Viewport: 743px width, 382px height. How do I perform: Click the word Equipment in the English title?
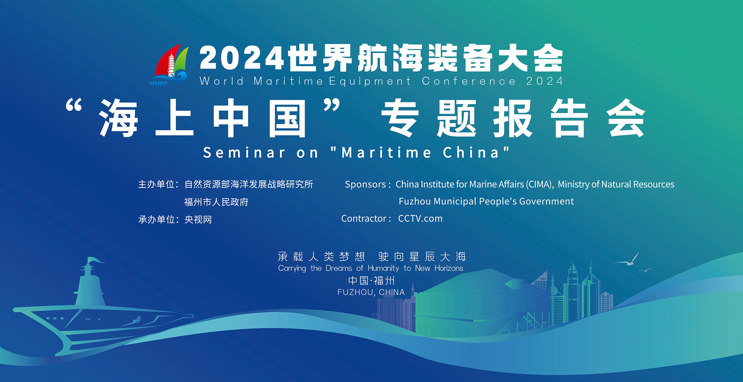coord(370,82)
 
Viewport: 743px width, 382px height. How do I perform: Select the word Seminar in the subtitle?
coord(244,153)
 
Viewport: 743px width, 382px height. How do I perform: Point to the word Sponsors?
coord(365,184)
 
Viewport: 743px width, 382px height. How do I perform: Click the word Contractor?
coord(364,219)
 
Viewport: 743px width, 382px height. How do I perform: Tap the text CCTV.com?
coord(420,219)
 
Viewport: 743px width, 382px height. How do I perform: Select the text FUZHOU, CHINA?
coord(371,292)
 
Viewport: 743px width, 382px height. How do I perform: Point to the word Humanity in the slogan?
coord(383,268)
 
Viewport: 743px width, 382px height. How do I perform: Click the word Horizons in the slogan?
coord(449,268)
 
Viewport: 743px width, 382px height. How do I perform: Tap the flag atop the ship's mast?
coord(96,260)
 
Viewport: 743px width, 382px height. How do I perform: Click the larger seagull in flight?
coord(628,260)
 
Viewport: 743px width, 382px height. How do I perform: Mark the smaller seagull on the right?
coord(646,270)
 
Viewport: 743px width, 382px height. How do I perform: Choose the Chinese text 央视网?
coord(198,220)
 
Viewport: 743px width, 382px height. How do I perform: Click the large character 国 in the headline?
coord(287,119)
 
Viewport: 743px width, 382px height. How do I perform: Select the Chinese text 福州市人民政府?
coord(216,202)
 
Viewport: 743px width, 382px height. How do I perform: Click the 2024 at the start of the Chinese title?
coord(241,58)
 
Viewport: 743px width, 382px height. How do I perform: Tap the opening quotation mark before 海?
coord(74,105)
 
